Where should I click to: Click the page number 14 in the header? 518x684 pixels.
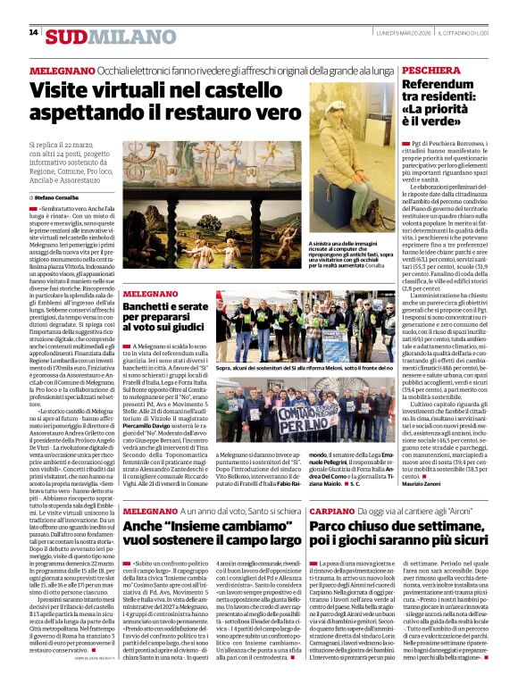pos(33,32)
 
